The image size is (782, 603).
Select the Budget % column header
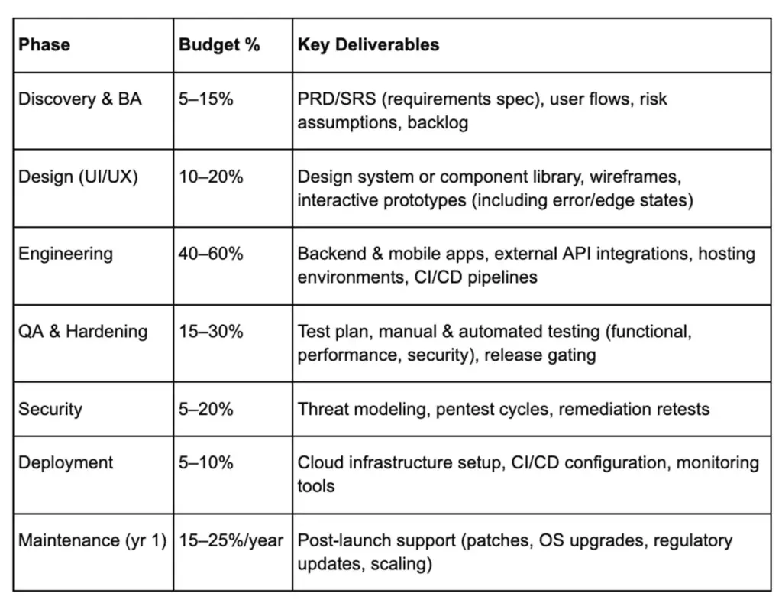pyautogui.click(x=219, y=44)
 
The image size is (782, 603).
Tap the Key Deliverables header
pyautogui.click(x=368, y=44)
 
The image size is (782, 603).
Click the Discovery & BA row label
pyautogui.click(x=79, y=99)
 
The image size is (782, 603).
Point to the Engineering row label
pyautogui.click(x=66, y=254)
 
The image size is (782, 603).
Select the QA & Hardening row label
pyautogui.click(x=82, y=332)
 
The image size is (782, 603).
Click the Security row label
pyautogui.click(x=50, y=409)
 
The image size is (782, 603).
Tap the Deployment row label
pyautogui.click(x=66, y=463)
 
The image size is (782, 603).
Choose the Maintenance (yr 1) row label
pyautogui.click(x=92, y=541)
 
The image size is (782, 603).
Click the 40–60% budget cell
pyautogui.click(x=211, y=254)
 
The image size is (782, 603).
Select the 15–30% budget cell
pyautogui.click(x=211, y=332)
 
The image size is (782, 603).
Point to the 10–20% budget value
pyautogui.click(x=211, y=177)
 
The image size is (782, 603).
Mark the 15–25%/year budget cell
pyautogui.click(x=231, y=541)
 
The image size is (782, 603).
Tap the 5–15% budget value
pyautogui.click(x=205, y=99)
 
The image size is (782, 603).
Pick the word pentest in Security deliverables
pyautogui.click(x=464, y=410)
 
